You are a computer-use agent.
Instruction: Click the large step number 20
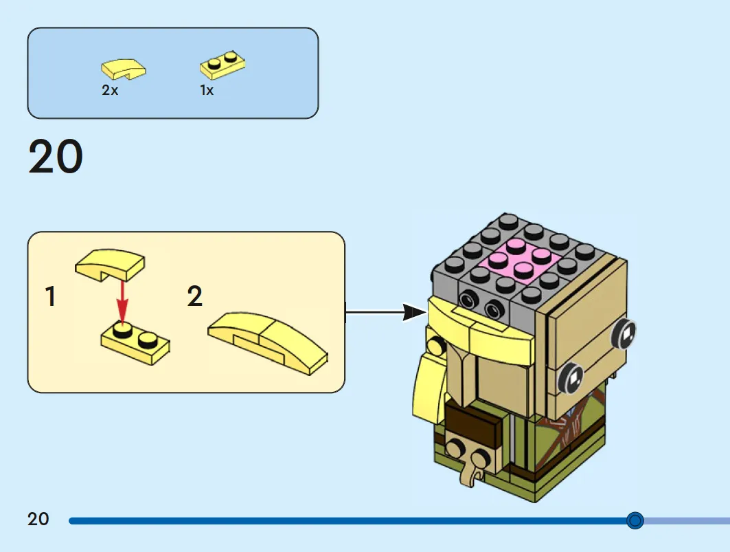56,156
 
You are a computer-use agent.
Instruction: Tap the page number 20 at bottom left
38,519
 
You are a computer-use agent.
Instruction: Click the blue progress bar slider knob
635,520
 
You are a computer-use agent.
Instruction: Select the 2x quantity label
110,89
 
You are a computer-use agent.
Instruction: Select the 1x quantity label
207,90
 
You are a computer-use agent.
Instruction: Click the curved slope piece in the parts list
124,69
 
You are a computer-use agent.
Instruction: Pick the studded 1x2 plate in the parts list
223,65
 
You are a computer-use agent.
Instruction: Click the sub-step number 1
50,296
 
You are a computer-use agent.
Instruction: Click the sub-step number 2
194,296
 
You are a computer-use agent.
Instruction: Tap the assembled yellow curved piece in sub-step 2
268,342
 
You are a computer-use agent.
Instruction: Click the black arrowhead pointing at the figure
414,312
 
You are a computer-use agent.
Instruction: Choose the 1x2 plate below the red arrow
135,344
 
